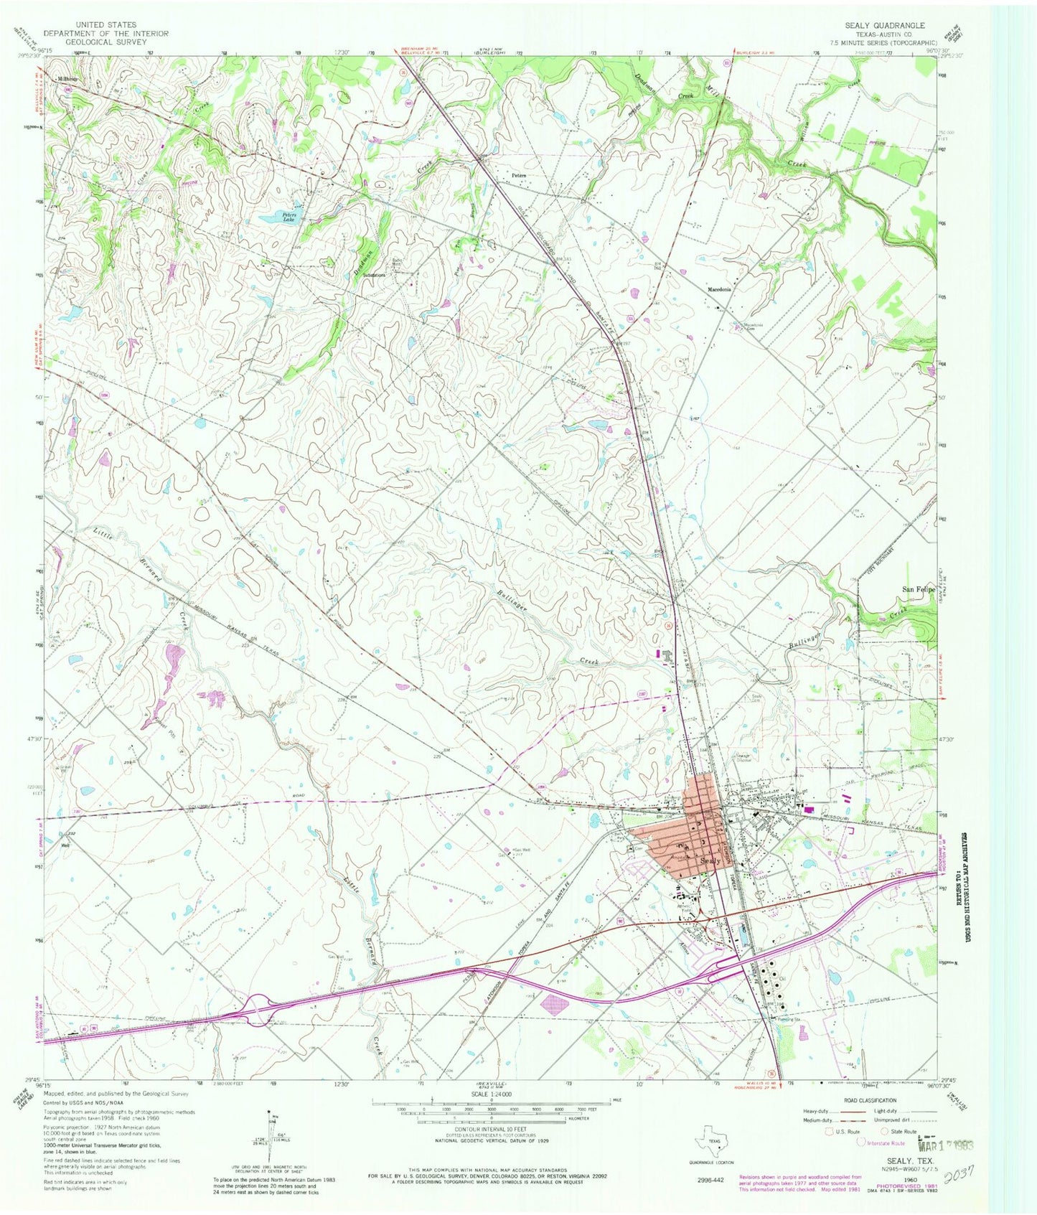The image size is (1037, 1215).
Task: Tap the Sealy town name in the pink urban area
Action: [710, 860]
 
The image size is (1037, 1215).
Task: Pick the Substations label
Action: [375, 275]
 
